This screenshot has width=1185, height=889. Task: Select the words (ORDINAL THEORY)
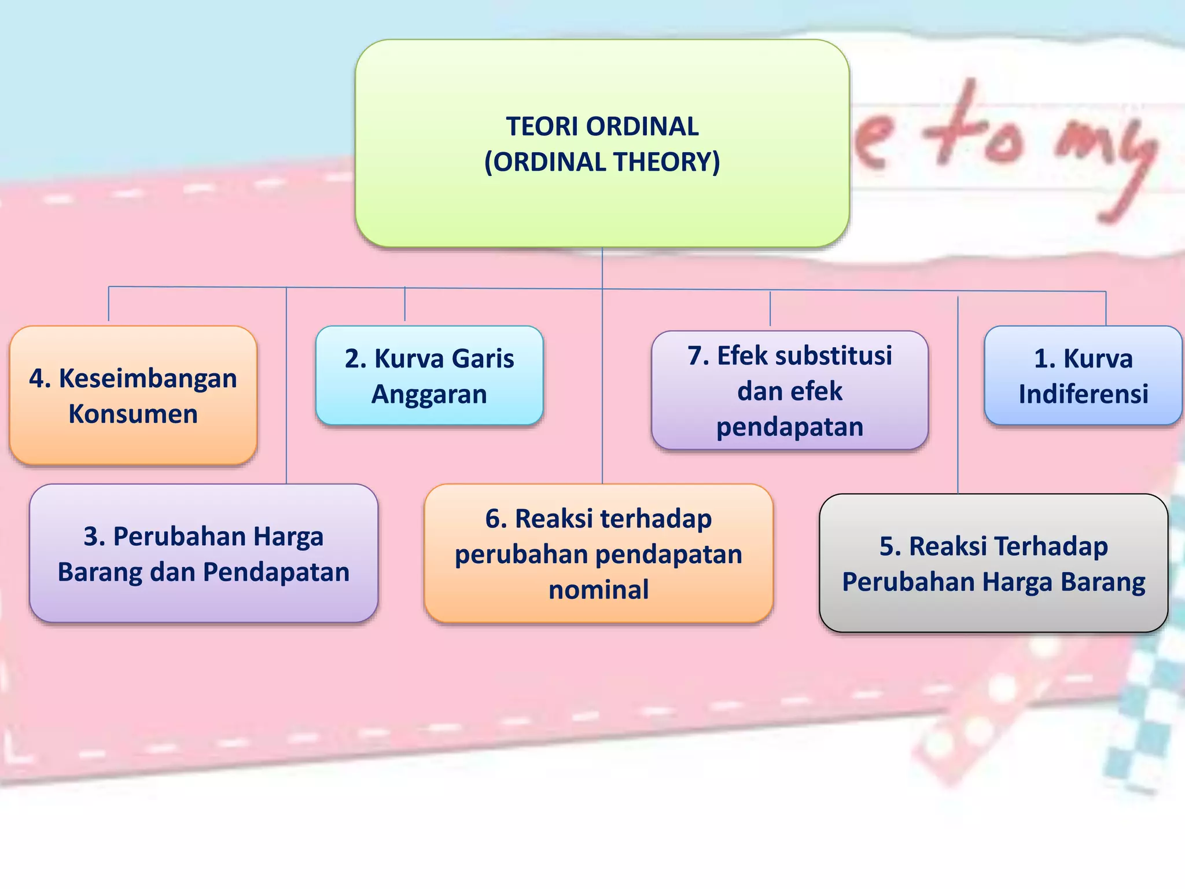pyautogui.click(x=602, y=162)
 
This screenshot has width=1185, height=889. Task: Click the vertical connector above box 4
pyautogui.click(x=109, y=304)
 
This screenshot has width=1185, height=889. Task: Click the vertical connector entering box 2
pyautogui.click(x=404, y=304)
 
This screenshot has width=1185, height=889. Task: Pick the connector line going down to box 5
pyautogui.click(x=958, y=399)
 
